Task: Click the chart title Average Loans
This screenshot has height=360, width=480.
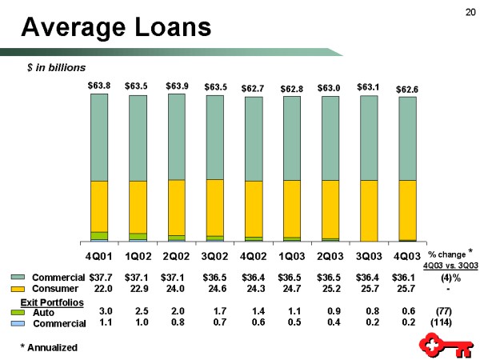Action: pyautogui.click(x=117, y=29)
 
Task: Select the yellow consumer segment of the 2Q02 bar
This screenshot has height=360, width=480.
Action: pyautogui.click(x=177, y=206)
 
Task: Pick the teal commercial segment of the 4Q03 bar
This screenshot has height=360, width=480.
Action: pyautogui.click(x=407, y=138)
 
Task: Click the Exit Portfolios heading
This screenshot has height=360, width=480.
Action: pyautogui.click(x=52, y=301)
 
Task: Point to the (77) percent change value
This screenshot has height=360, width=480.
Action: pyautogui.click(x=443, y=310)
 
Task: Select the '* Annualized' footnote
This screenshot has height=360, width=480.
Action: pyautogui.click(x=49, y=347)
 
